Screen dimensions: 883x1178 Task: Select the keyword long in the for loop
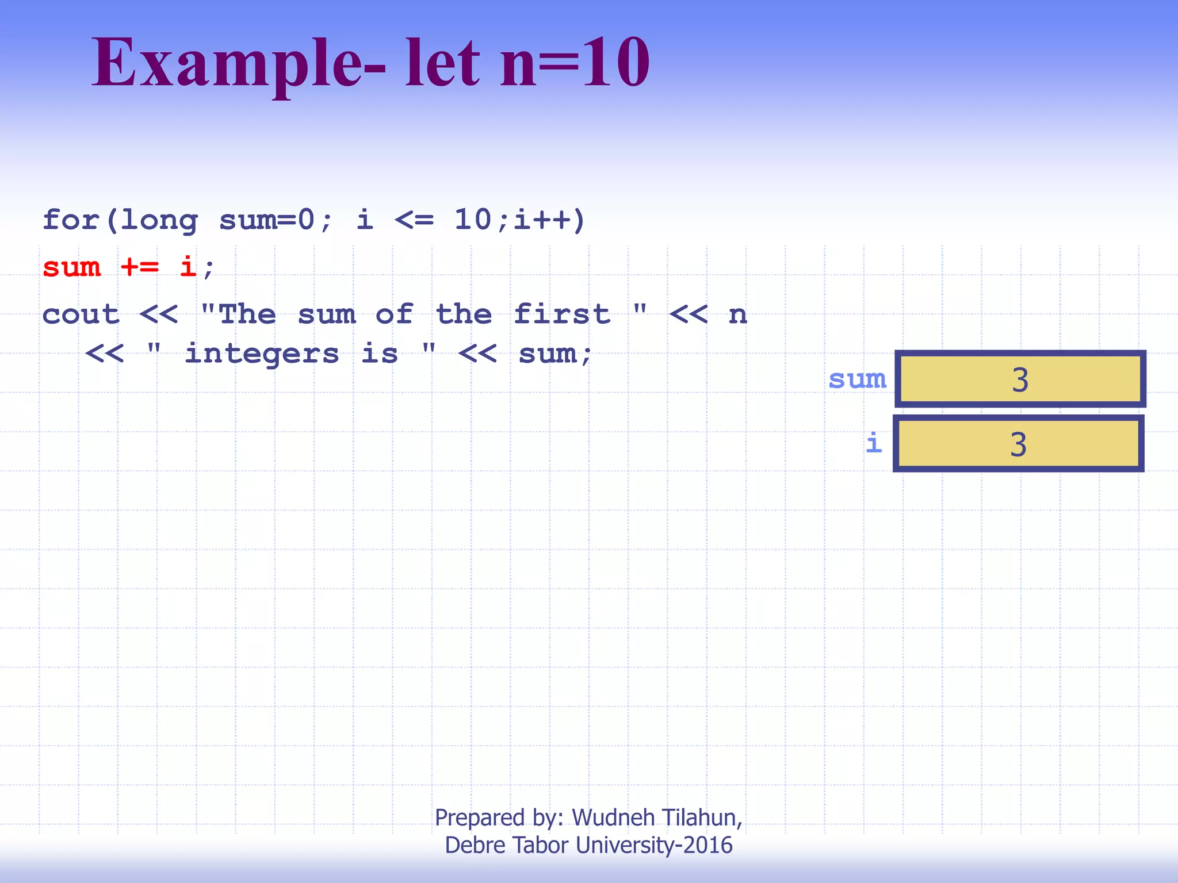point(159,221)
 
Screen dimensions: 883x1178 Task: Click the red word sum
point(72,267)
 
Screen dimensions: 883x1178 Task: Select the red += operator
point(140,267)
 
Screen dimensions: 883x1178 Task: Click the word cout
point(81,315)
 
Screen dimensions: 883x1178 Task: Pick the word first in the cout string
point(562,315)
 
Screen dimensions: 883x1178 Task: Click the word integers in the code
point(262,354)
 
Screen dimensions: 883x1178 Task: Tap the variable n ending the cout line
point(738,315)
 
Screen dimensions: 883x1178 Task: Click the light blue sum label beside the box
point(858,379)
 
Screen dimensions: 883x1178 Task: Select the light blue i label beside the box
point(874,443)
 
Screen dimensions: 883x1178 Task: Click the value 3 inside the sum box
point(1020,380)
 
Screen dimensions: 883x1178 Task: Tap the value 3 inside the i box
point(1018,444)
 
